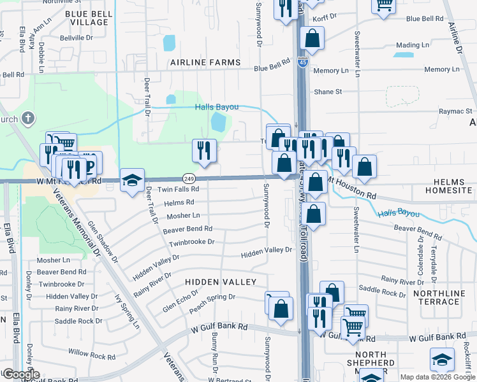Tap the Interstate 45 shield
(303, 62)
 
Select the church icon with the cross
(27, 118)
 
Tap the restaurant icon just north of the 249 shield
(204, 151)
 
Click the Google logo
(20, 374)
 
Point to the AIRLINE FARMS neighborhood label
(205, 62)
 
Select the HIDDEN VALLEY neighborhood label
(221, 281)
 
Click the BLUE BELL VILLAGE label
(87, 17)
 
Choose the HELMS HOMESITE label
(449, 187)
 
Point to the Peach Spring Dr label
(212, 297)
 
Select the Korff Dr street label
(324, 17)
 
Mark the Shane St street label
(328, 92)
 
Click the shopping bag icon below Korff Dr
(312, 39)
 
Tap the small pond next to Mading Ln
(403, 55)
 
